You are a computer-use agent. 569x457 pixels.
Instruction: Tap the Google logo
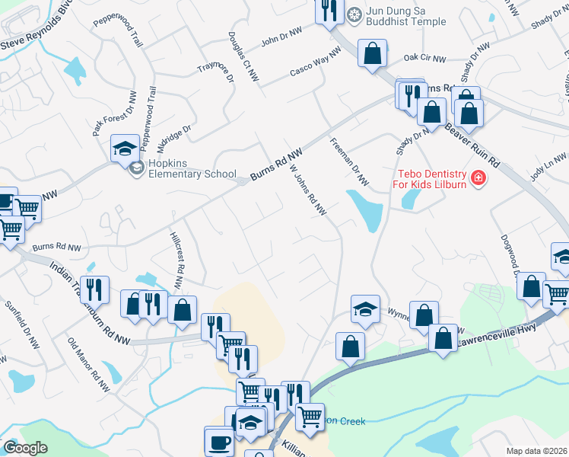click(25, 448)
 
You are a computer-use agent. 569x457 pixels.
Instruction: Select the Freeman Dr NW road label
click(349, 162)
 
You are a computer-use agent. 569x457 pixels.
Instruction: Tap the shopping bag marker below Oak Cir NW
click(372, 55)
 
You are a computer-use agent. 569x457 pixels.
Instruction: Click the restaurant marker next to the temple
click(329, 11)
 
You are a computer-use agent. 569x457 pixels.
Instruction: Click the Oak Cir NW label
click(424, 57)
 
